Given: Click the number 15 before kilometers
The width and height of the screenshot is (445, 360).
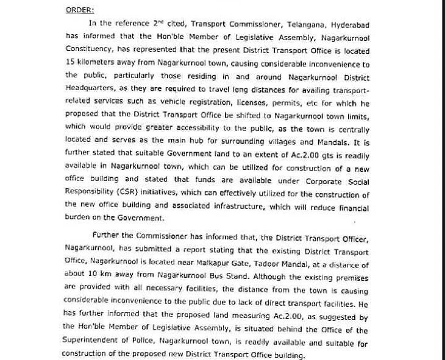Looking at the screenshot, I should pyautogui.click(x=69, y=62).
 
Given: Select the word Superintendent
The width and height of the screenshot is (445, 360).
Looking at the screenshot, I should pyautogui.click(x=100, y=343).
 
